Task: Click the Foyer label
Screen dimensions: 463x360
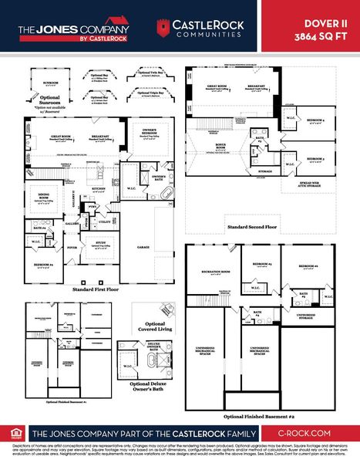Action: click(x=72, y=248)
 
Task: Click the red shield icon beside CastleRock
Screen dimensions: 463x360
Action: click(x=163, y=28)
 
